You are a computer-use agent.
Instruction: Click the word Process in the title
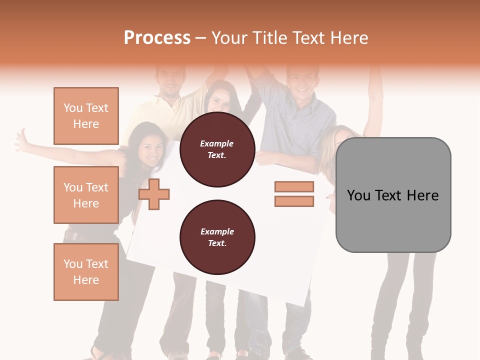(157, 37)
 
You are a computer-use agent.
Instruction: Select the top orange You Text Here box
(86, 116)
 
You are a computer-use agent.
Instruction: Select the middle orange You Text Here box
(86, 195)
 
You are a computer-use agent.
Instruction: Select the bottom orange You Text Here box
(86, 272)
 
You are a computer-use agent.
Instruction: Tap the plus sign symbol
(154, 193)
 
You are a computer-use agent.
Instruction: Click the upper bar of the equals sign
(294, 186)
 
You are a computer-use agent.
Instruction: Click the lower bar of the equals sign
(294, 201)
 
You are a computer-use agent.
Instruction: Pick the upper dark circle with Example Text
(217, 149)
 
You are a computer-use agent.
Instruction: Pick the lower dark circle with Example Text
(217, 237)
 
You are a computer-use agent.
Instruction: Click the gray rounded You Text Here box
(393, 195)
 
